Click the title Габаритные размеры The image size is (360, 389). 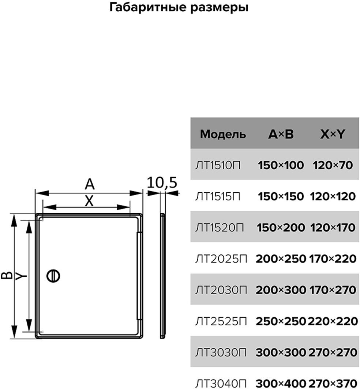coord(179,8)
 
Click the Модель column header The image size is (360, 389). coord(223,134)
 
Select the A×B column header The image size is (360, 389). coord(281,134)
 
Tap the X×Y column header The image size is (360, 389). coord(332,134)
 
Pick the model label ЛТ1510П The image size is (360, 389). coord(218,165)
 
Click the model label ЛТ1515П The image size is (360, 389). coord(218,197)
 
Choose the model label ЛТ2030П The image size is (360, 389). coord(221,290)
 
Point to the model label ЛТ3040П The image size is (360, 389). coord(221,384)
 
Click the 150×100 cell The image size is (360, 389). coord(281,165)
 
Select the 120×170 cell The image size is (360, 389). coord(333,228)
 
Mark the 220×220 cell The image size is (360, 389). coord(333,321)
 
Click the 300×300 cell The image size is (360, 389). coord(281,352)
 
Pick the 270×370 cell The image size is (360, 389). coord(333,384)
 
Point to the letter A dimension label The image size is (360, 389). coord(89,185)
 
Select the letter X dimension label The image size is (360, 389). coord(89,201)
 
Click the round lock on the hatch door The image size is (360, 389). coord(53,276)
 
